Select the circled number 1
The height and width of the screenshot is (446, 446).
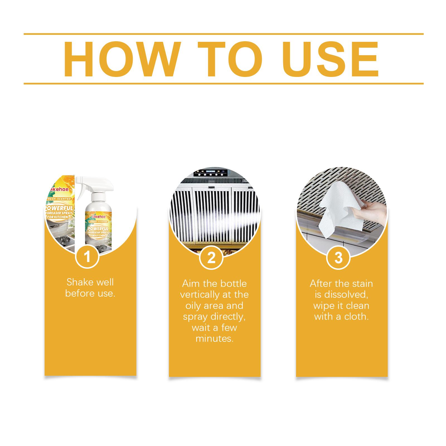[88, 257]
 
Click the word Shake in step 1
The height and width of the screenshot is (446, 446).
[78, 282]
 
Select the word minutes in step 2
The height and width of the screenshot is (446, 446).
[215, 339]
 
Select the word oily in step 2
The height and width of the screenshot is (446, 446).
[193, 306]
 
